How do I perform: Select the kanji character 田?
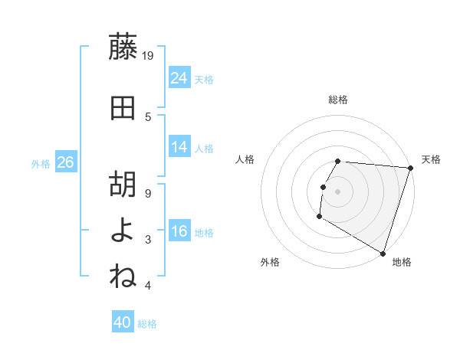123,108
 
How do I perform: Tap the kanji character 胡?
123,185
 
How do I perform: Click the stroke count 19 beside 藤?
149,55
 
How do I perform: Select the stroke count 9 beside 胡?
149,193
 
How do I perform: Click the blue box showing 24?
179,77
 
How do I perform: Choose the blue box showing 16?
179,231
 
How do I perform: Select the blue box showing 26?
65,162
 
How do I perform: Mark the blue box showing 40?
123,322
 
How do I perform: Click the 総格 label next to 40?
148,324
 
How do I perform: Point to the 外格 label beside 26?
41,163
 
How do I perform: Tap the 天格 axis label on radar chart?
431,159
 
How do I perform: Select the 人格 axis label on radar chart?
245,159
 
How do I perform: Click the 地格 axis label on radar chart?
402,262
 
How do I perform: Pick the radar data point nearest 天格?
410,168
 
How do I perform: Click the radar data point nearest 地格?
383,253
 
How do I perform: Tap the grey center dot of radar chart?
337,191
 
